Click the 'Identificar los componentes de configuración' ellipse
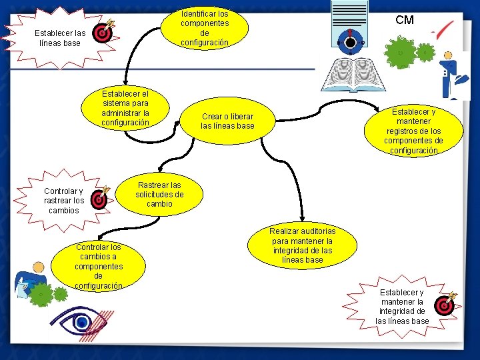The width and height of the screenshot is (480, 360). [x=205, y=28]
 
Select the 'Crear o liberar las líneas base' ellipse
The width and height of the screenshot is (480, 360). [x=227, y=121]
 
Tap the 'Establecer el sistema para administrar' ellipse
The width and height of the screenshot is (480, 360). [x=125, y=108]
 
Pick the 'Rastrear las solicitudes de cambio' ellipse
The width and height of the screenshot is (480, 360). [x=159, y=195]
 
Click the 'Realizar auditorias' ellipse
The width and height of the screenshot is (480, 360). [x=302, y=245]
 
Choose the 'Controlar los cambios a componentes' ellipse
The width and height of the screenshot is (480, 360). [x=98, y=266]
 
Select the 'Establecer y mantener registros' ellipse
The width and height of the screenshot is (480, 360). [x=413, y=131]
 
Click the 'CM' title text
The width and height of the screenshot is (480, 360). [x=405, y=20]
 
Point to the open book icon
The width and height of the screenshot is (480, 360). [x=353, y=75]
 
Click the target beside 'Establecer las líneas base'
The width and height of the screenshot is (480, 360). [x=103, y=31]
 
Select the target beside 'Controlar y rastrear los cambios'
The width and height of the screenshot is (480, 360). [x=100, y=198]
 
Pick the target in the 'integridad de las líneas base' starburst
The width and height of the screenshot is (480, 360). [x=445, y=304]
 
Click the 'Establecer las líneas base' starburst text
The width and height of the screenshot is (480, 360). [x=60, y=38]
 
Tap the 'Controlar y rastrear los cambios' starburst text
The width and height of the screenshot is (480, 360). [x=64, y=201]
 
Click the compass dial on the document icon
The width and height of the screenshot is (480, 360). [x=350, y=42]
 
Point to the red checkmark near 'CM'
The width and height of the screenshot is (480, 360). [x=443, y=30]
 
